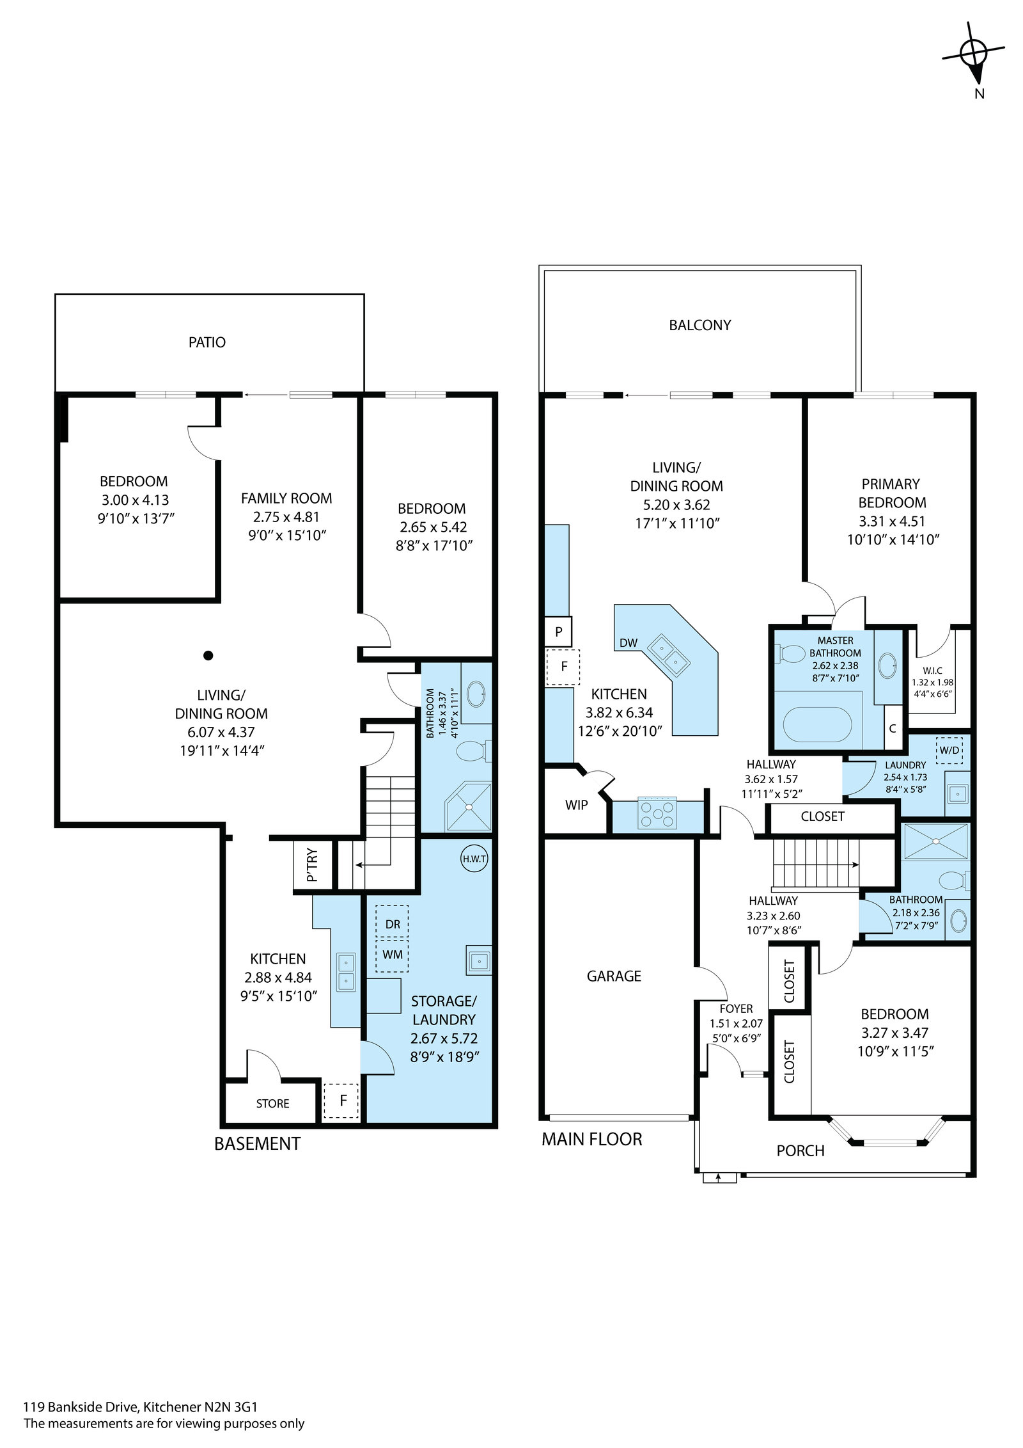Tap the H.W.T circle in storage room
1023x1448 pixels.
[x=474, y=859]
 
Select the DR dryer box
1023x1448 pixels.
[x=392, y=925]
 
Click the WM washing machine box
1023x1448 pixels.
[x=392, y=955]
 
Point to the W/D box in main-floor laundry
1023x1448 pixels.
[x=948, y=750]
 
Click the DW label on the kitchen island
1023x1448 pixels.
[x=629, y=642]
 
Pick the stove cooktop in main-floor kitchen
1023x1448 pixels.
[x=658, y=815]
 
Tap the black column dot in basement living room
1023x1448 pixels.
[x=208, y=655]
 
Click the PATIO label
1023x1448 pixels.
[x=207, y=342]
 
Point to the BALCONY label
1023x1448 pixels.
[x=700, y=325]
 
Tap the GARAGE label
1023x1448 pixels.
[x=614, y=976]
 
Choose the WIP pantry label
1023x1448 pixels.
[x=576, y=805]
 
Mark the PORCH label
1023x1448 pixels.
[x=800, y=1150]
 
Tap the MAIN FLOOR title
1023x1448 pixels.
[x=592, y=1139]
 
